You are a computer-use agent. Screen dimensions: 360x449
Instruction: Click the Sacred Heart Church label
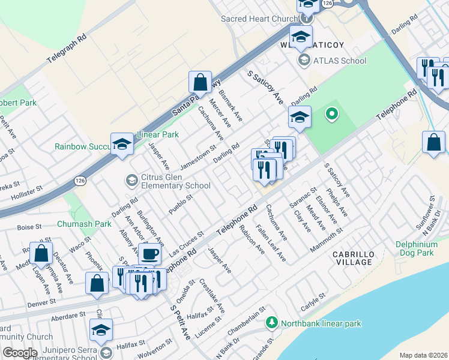pyautogui.click(x=259, y=19)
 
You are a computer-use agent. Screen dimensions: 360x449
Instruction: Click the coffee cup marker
pyautogui.click(x=149, y=254)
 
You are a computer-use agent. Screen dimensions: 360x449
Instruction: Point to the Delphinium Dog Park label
pyautogui.click(x=423, y=248)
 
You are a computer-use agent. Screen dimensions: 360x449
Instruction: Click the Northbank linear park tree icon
pyautogui.click(x=271, y=323)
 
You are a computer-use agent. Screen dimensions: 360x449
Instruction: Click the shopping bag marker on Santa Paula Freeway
pyautogui.click(x=200, y=83)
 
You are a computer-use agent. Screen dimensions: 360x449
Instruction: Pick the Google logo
pyautogui.click(x=19, y=353)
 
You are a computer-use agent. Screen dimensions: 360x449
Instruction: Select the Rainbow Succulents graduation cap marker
pyautogui.click(x=122, y=145)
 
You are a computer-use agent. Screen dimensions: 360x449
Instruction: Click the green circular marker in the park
pyautogui.click(x=331, y=113)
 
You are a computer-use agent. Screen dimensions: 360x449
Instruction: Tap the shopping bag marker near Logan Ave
pyautogui.click(x=41, y=254)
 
